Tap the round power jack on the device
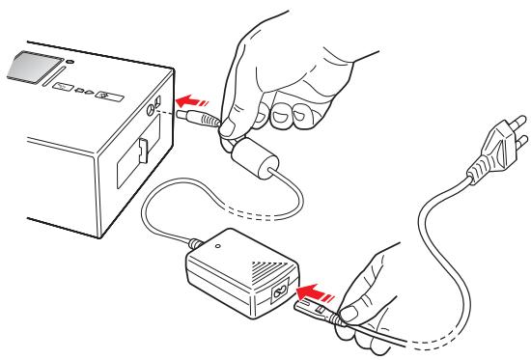tap(155, 109)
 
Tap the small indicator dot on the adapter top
tap(219, 245)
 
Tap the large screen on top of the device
tap(31, 69)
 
